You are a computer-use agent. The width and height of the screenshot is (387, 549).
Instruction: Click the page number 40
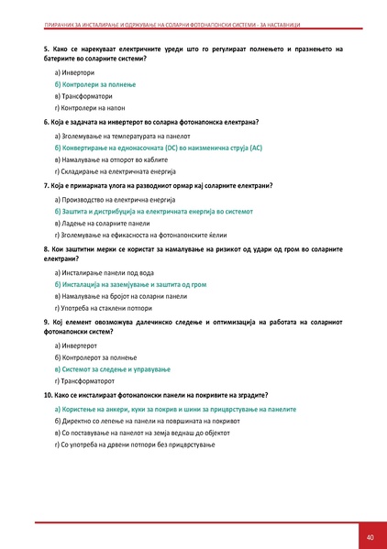(x=370, y=536)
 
